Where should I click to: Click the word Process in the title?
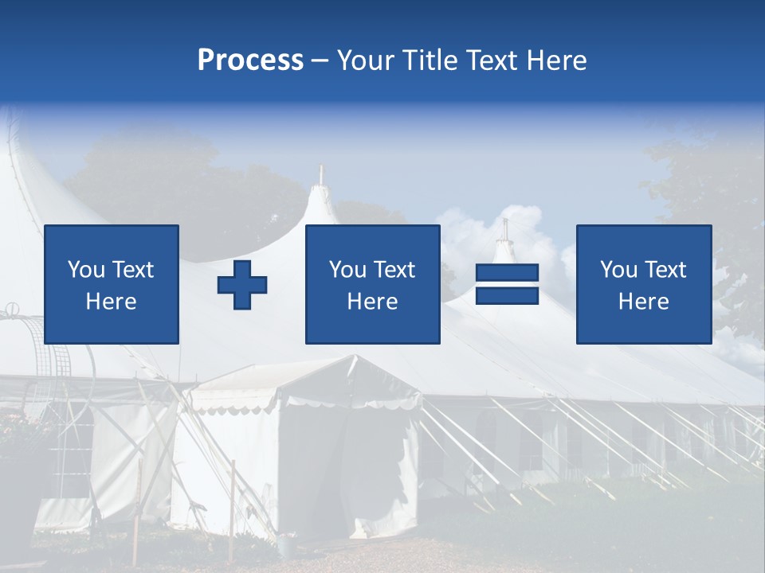pyautogui.click(x=250, y=60)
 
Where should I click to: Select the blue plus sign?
pyautogui.click(x=242, y=284)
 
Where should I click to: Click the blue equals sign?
pyautogui.click(x=507, y=284)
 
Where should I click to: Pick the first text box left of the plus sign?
pyautogui.click(x=112, y=284)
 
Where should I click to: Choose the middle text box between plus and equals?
pyautogui.click(x=372, y=284)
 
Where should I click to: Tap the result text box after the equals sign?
pyautogui.click(x=643, y=284)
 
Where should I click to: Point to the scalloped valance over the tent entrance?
pyautogui.click(x=351, y=403)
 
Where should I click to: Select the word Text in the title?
pyautogui.click(x=489, y=60)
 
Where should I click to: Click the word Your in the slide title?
pyautogui.click(x=363, y=60)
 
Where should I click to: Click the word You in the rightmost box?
pyautogui.click(x=618, y=270)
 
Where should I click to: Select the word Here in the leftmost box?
pyautogui.click(x=112, y=302)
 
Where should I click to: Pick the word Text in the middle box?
pyautogui.click(x=394, y=270)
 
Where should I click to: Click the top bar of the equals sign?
pyautogui.click(x=507, y=273)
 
